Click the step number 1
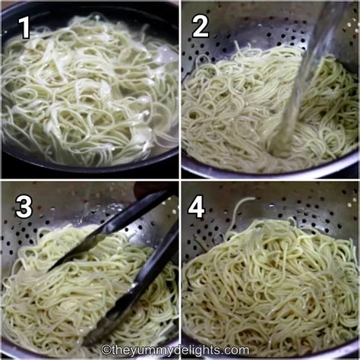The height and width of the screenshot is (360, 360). [24, 27]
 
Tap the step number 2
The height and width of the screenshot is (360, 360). [201, 27]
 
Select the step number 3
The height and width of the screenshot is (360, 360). [24, 206]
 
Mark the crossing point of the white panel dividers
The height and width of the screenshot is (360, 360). [180, 180]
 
